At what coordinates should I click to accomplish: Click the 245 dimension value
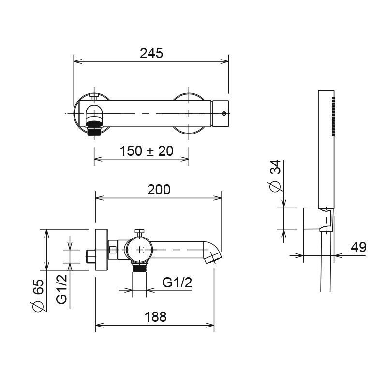coord(151,53)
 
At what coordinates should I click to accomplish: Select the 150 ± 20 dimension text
coord(146,151)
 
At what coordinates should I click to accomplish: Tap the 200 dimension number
coord(159,190)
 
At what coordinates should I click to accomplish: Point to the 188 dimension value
coord(155,317)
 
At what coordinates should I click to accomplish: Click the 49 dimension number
coord(358,247)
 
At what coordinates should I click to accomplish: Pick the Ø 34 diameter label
coord(275,177)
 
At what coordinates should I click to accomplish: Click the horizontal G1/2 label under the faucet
coord(177,283)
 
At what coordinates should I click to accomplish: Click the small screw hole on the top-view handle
coord(223,114)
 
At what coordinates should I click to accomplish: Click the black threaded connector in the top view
coord(93,129)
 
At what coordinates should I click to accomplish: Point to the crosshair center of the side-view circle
coord(140,250)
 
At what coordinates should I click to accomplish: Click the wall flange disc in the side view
coord(102,250)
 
